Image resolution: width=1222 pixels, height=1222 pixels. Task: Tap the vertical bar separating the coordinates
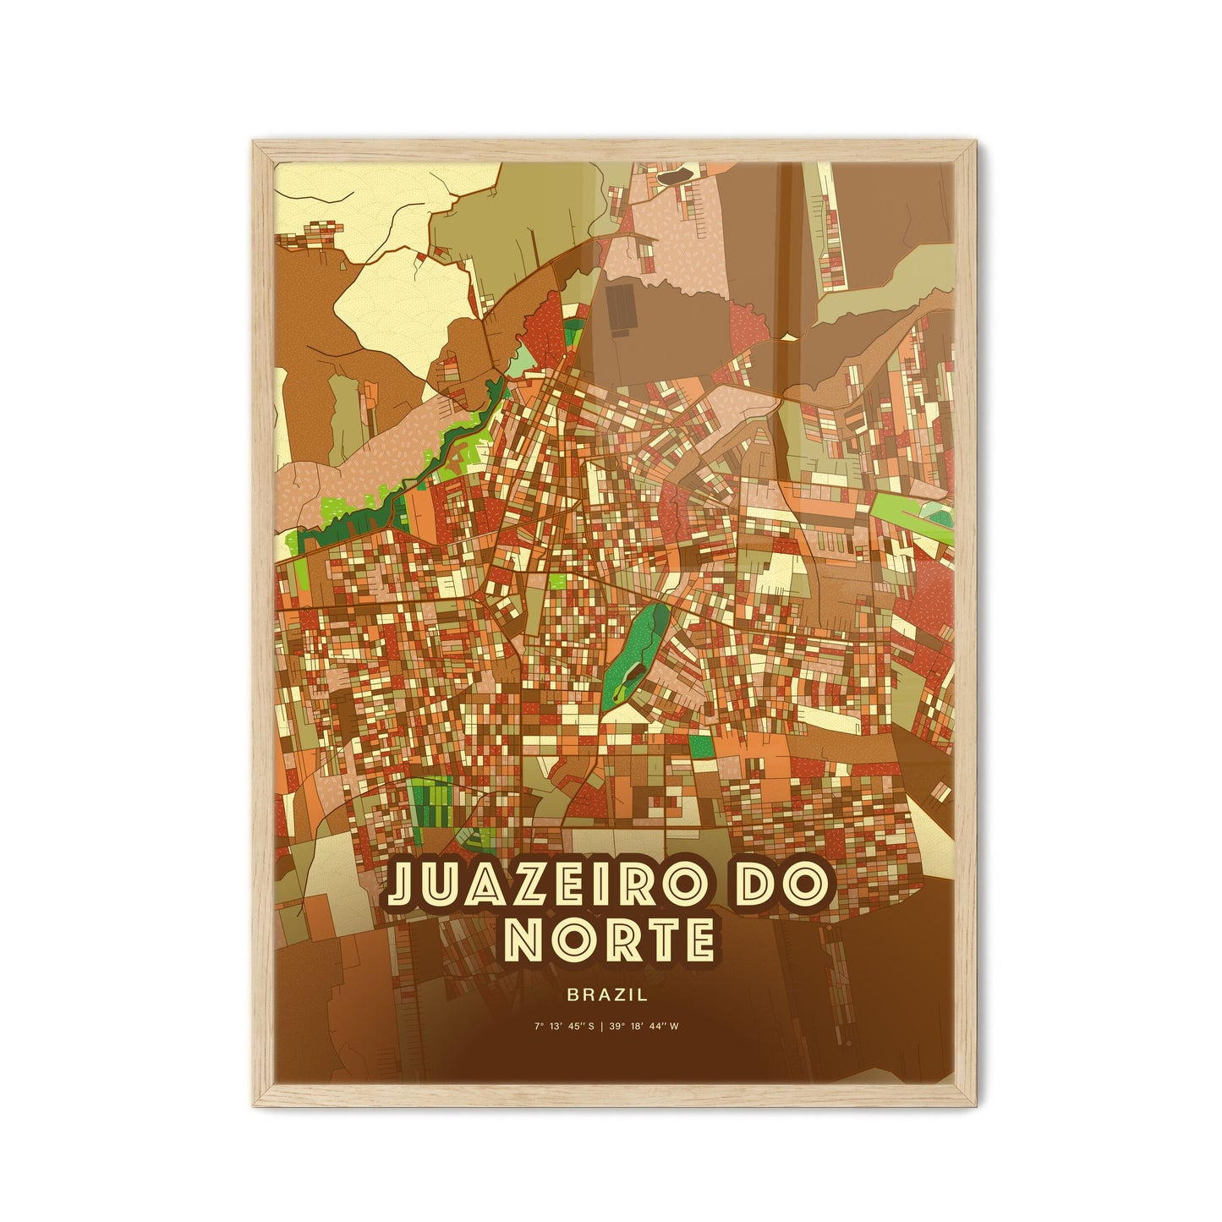[x=611, y=1027]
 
